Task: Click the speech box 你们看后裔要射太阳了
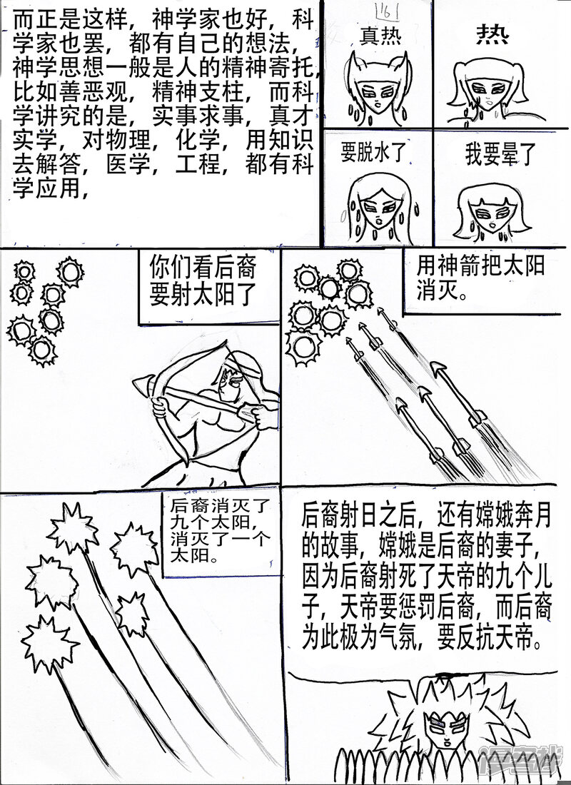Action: [203, 280]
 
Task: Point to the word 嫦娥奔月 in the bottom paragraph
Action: [507, 515]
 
